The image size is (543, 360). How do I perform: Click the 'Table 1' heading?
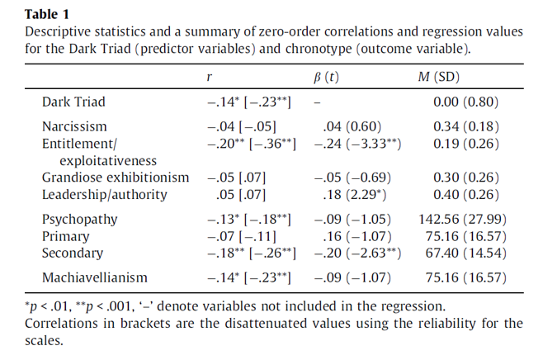(47, 14)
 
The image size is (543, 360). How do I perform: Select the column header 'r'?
(210, 78)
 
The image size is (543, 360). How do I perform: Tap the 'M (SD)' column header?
(441, 78)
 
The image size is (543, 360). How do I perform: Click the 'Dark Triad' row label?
(73, 102)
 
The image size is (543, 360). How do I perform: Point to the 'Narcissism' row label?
(74, 127)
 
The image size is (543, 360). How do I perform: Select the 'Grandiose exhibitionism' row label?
(115, 178)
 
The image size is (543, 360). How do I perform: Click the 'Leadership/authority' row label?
(104, 195)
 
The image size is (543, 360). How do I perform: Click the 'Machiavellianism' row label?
(95, 278)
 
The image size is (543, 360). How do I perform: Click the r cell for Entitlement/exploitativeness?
(248, 144)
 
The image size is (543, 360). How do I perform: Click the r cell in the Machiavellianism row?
(248, 278)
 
